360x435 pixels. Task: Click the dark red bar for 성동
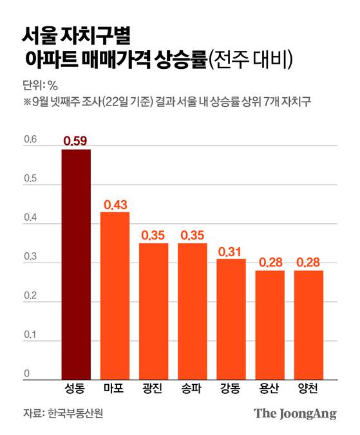tap(76, 264)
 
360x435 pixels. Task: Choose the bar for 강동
tap(231, 319)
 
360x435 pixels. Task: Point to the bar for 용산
tap(270, 324)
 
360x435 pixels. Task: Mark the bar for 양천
tap(308, 324)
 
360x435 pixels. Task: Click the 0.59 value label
tap(76, 140)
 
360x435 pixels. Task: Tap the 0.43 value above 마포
tap(115, 204)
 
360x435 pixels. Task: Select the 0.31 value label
tap(231, 251)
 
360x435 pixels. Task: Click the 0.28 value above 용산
tap(270, 263)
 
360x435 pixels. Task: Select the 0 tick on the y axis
tap(26, 373)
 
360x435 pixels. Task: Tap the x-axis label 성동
tap(76, 389)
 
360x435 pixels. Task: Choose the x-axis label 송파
tap(193, 389)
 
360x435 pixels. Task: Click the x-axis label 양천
tap(308, 389)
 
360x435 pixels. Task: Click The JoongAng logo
tap(294, 413)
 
